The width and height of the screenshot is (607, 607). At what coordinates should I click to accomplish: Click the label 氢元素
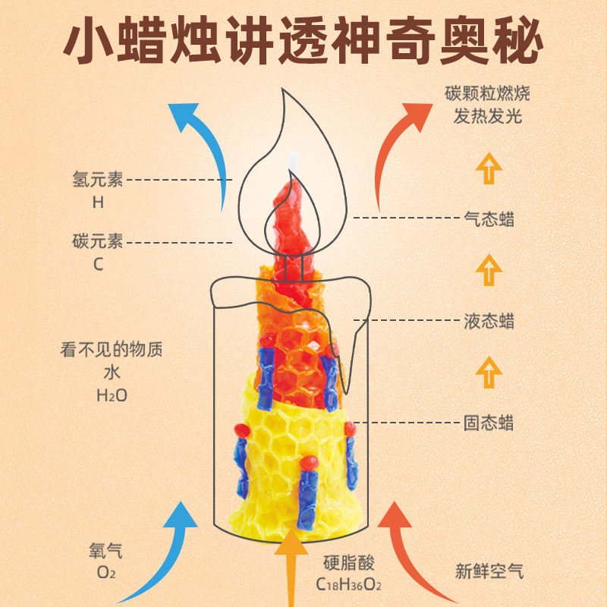pos(98,180)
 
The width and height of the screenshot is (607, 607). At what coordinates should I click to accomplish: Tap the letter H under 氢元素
pos(98,203)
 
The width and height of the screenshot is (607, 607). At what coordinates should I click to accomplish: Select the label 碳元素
pos(98,242)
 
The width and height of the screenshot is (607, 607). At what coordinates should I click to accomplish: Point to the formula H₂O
pos(112,395)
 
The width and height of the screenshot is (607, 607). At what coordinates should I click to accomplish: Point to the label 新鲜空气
pos(489,570)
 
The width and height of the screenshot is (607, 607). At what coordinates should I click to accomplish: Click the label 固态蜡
pos(489,422)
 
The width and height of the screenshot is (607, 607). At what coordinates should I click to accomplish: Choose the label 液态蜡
pos(489,321)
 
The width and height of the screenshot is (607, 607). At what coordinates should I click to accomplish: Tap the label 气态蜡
pos(489,219)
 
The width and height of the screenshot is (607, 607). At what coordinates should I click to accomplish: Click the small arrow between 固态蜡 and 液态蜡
pos(489,372)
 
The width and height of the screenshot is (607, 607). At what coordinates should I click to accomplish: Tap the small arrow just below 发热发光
pos(489,168)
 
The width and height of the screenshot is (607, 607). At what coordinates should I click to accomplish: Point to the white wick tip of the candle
pos(292,160)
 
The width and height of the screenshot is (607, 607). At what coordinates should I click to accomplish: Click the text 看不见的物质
pos(112,351)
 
